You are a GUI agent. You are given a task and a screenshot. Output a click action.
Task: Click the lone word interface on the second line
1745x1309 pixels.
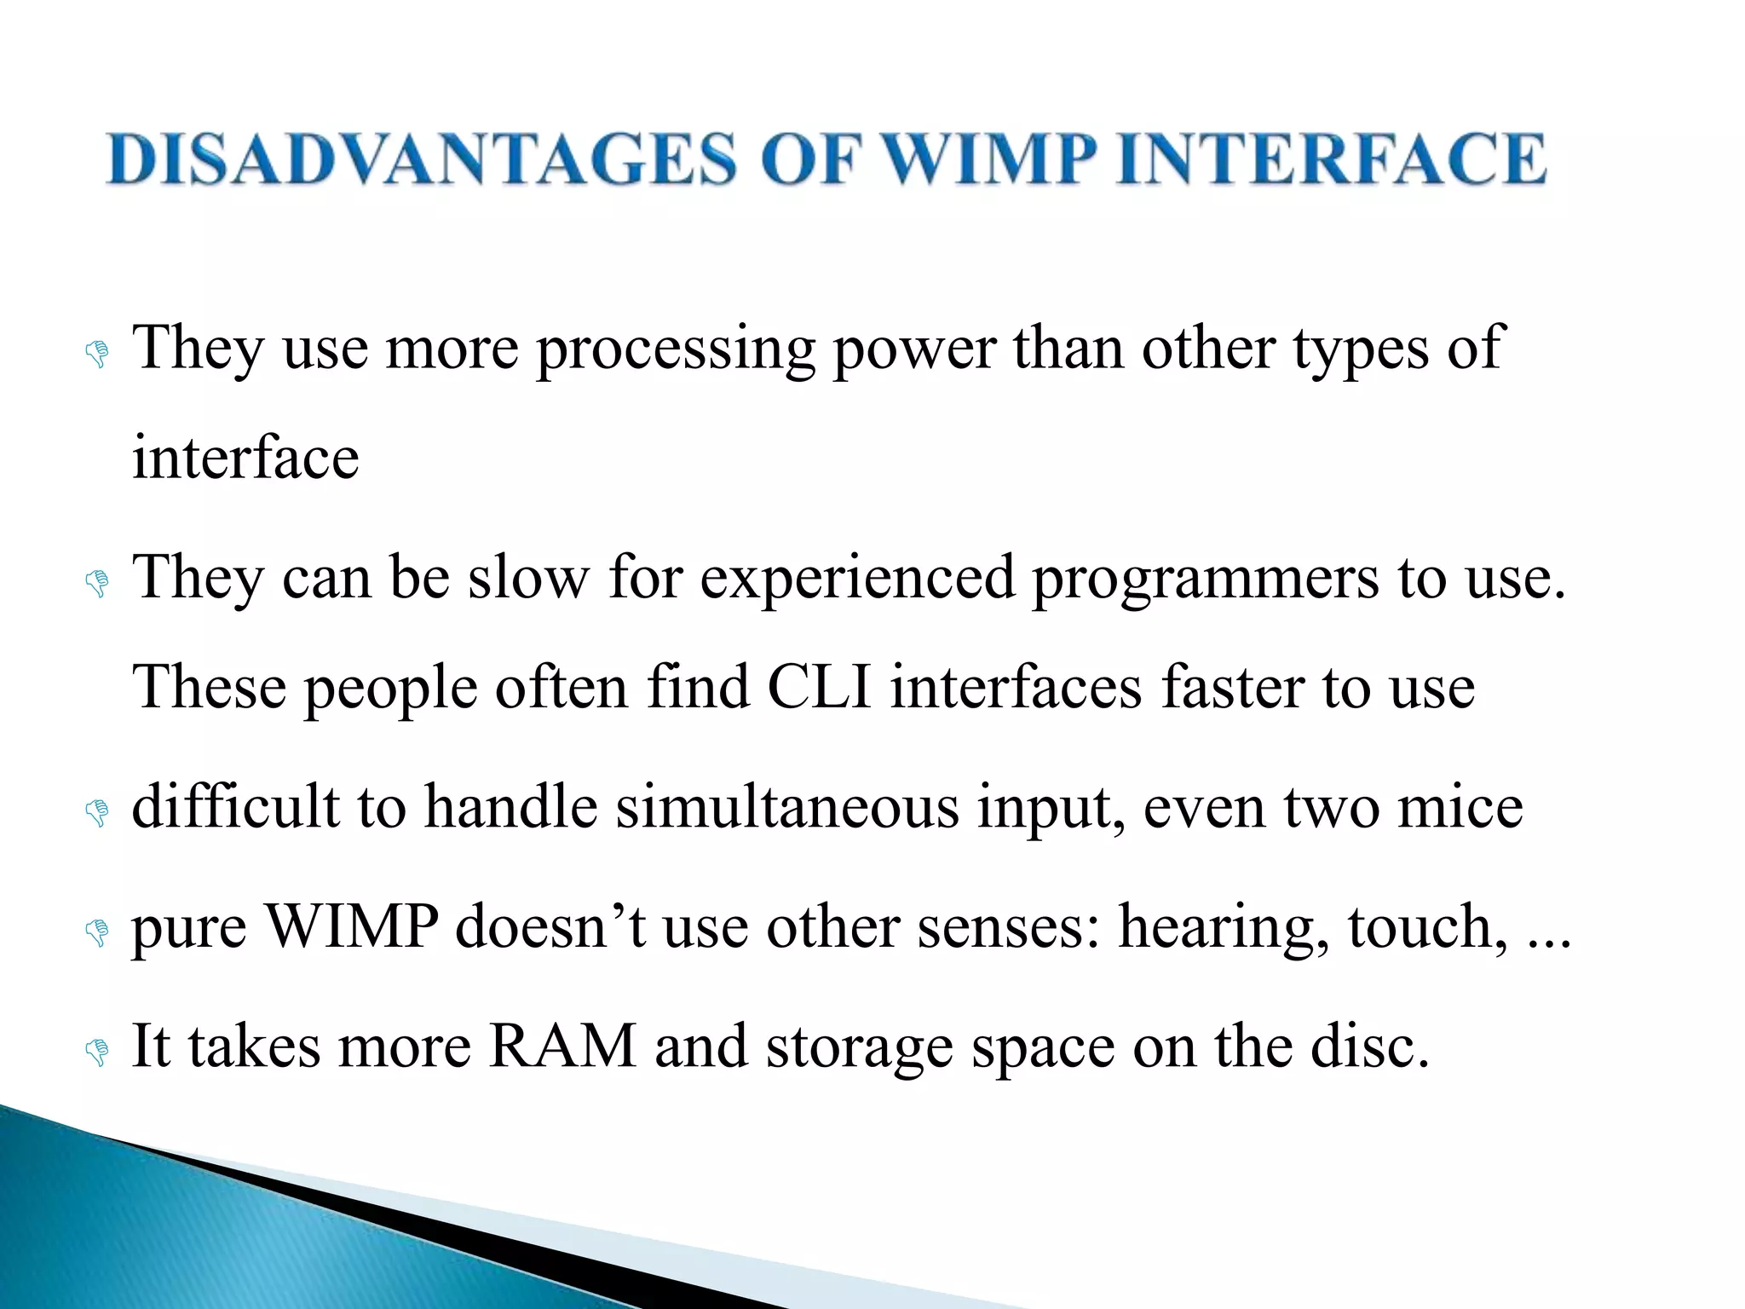tap(245, 458)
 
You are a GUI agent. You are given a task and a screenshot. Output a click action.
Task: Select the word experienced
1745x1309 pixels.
tap(858, 578)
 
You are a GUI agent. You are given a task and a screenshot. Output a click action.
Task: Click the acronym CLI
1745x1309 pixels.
tap(819, 687)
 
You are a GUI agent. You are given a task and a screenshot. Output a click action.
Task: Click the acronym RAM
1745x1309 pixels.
tap(563, 1046)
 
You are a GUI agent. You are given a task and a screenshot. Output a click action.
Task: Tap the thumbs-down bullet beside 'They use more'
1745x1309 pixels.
tap(97, 354)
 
